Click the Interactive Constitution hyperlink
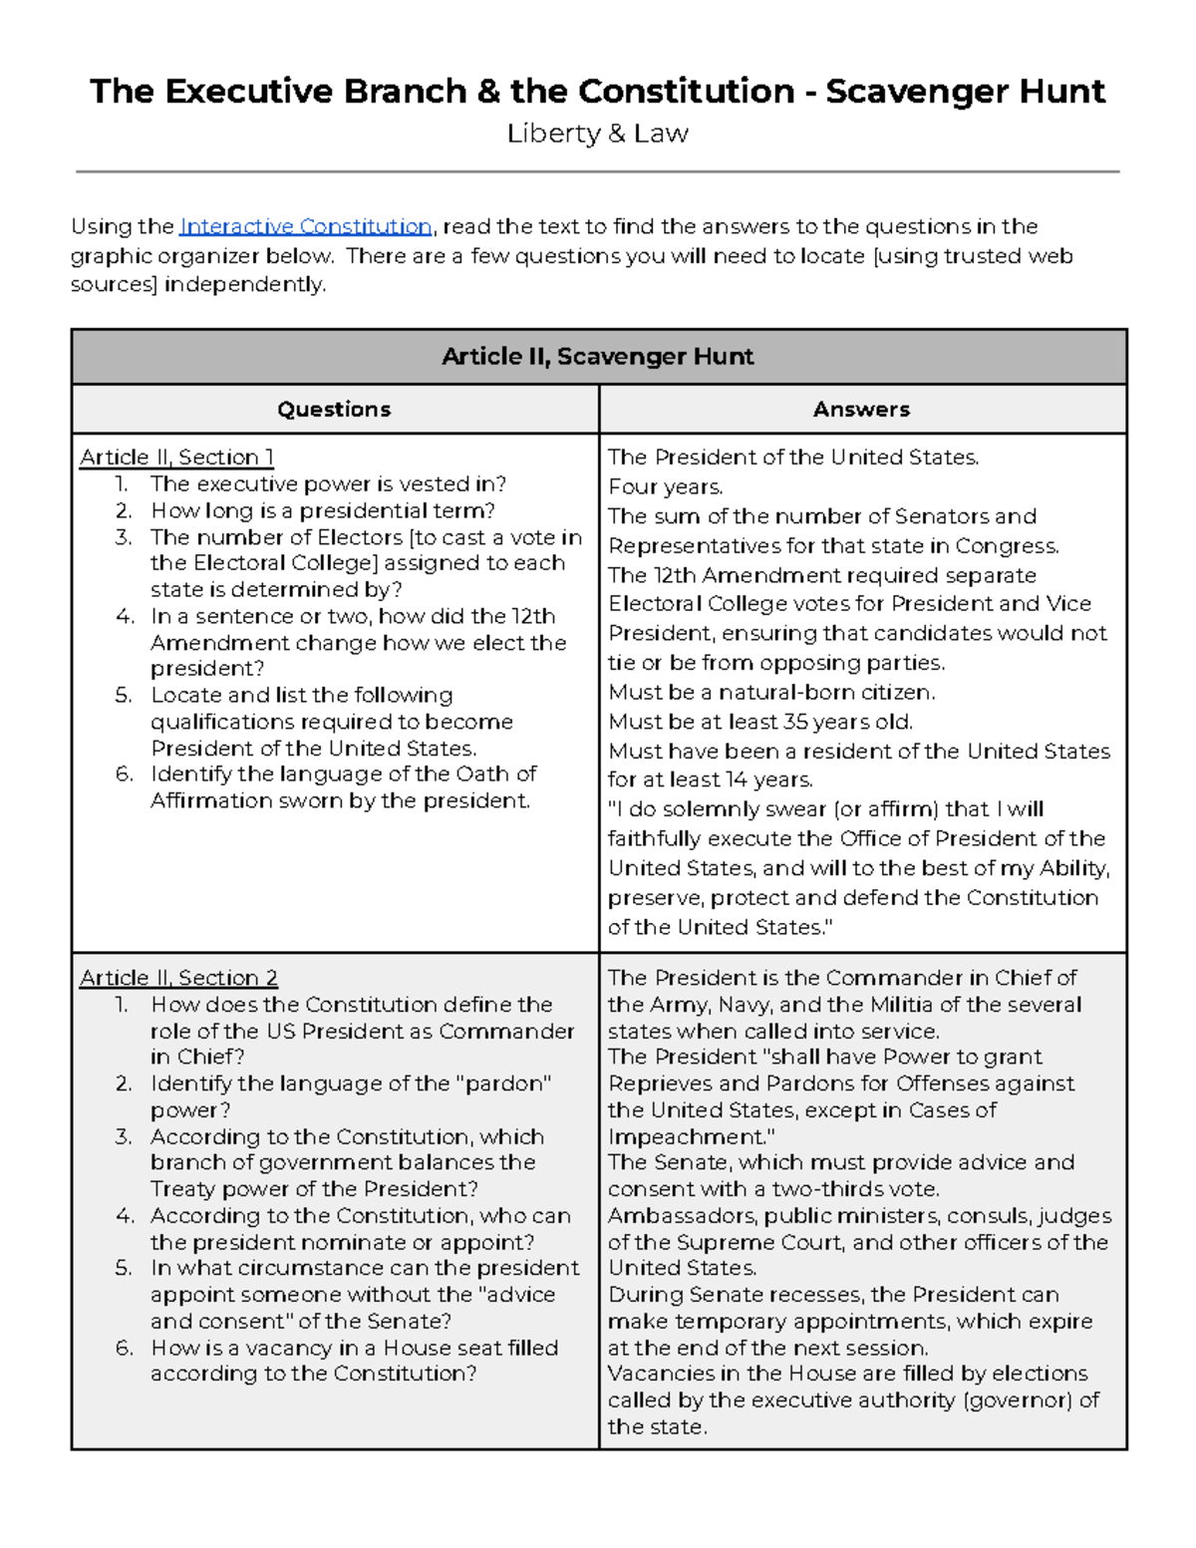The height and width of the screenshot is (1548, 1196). [305, 227]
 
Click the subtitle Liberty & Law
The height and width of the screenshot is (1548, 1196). [597, 134]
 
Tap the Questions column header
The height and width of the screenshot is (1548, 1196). [334, 410]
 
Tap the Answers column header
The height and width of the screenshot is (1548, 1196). [861, 410]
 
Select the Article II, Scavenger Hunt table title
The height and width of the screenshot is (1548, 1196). [597, 357]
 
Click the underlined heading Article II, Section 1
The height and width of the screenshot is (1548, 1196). [176, 458]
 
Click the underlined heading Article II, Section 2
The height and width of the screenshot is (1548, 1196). [178, 978]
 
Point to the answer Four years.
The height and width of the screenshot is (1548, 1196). [666, 487]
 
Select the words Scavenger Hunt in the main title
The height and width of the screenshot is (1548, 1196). [965, 92]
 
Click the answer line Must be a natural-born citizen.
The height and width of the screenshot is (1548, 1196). [771, 693]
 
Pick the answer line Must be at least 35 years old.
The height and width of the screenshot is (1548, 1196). [760, 722]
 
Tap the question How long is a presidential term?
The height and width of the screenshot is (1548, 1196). [322, 511]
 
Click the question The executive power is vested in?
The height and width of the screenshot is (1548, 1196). [328, 484]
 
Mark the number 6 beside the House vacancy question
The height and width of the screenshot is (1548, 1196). [124, 1349]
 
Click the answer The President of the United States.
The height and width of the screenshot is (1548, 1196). [793, 458]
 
